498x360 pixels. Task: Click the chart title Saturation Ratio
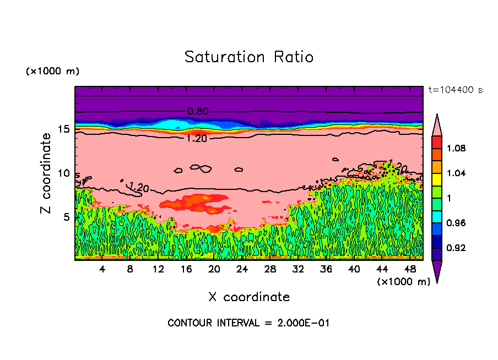tap(249, 57)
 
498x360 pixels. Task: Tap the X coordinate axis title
tap(249, 297)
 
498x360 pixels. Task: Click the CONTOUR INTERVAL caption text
tap(248, 323)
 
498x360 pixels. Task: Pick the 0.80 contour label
tap(198, 111)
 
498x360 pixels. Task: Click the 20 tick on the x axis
tap(214, 270)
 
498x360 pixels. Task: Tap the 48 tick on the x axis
tap(410, 270)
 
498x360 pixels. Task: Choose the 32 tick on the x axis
tap(298, 270)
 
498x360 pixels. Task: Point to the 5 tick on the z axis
tap(66, 217)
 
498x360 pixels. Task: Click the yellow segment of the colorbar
tap(437, 179)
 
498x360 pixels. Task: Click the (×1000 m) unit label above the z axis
tap(52, 72)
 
